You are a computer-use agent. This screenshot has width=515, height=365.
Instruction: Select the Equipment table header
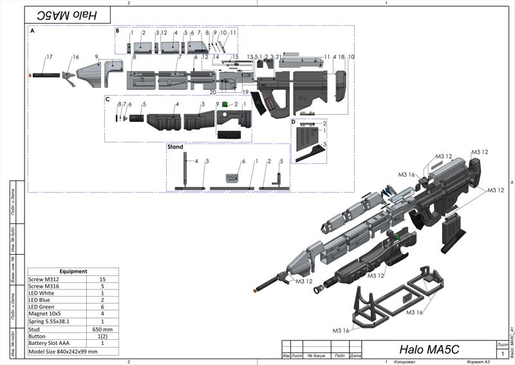click(73, 271)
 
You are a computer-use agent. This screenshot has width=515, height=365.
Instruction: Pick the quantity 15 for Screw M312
click(102, 279)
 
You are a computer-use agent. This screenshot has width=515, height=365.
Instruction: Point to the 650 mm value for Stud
click(102, 328)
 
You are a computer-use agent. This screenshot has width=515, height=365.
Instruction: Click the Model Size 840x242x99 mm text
click(63, 351)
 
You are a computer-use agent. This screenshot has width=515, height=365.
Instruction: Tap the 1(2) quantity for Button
click(102, 335)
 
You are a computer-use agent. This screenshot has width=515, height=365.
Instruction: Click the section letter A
click(32, 31)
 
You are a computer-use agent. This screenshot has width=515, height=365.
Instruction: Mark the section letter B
click(117, 30)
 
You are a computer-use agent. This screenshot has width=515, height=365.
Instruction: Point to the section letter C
click(108, 99)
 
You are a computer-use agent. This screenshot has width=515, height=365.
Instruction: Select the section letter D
click(293, 121)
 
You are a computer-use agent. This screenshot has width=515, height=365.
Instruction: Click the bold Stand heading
click(175, 147)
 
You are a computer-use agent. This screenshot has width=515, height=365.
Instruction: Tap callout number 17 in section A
click(48, 57)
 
